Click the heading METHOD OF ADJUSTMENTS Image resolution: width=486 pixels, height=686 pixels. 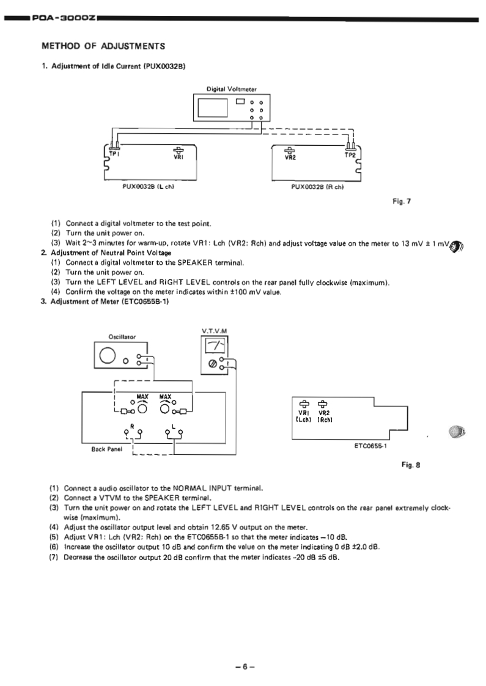(103, 45)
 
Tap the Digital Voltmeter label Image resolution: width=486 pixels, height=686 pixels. (227, 88)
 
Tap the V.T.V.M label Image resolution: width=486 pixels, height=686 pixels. (212, 331)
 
